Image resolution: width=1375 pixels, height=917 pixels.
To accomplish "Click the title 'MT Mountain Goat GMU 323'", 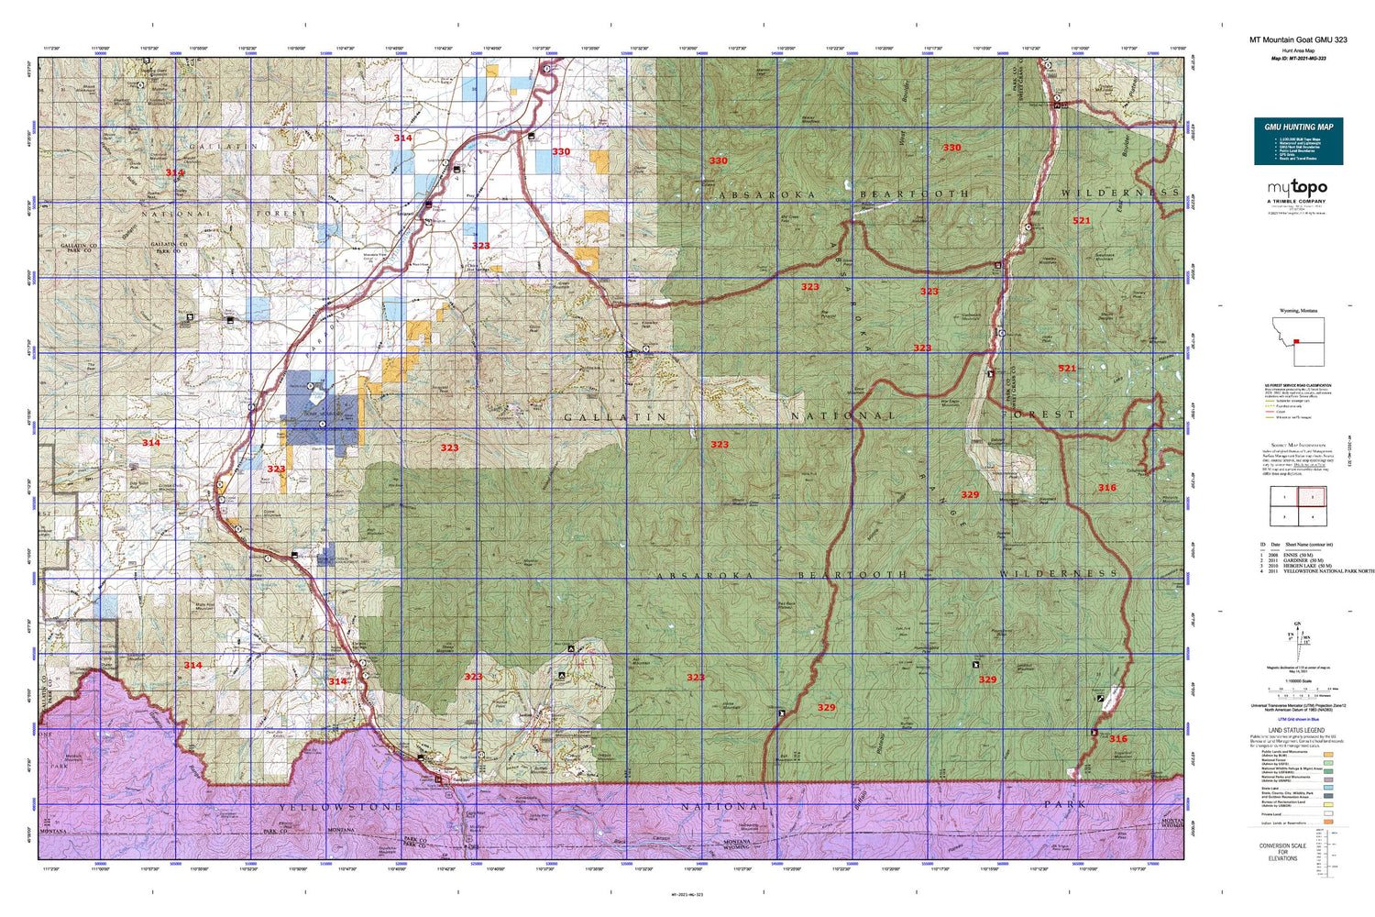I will [1298, 40].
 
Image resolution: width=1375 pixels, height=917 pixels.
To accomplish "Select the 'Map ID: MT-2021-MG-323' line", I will [1298, 58].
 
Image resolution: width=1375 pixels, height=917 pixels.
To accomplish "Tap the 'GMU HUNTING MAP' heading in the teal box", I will [1298, 127].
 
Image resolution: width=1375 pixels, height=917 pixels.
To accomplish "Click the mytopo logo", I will [1297, 188].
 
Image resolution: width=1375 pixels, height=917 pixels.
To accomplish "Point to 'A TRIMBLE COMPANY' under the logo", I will [1297, 202].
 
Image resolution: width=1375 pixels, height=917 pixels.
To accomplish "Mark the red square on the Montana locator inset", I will [1296, 341].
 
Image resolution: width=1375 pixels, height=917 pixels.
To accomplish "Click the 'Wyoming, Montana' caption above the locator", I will [1298, 311].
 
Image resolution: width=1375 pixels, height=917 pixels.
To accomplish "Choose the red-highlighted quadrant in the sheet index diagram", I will [1311, 497].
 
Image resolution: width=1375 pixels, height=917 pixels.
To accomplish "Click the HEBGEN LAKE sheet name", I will [1300, 566].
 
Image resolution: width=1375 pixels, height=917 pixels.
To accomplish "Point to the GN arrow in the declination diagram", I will [1297, 626].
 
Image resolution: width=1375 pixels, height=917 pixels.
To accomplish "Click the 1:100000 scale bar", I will [1297, 690].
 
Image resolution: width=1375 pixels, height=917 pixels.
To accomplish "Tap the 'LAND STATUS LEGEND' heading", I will [1297, 731].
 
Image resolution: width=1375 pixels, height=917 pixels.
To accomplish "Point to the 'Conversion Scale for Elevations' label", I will [1282, 852].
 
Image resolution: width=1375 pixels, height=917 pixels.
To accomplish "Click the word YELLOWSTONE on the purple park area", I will [340, 807].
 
